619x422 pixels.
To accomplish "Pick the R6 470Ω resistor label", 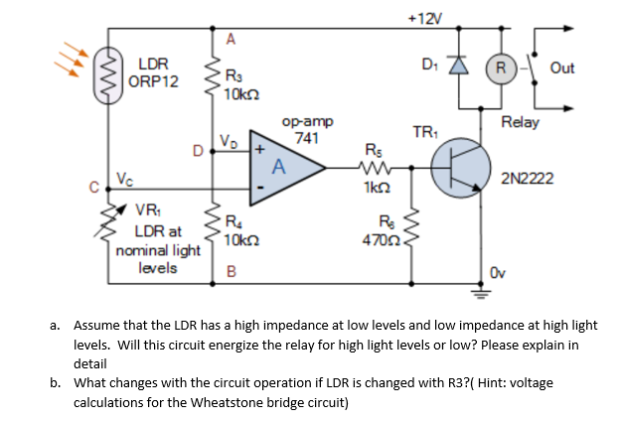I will [x=384, y=230].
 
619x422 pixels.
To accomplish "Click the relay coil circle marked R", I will [x=501, y=68].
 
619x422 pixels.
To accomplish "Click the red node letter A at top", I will [x=231, y=39].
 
